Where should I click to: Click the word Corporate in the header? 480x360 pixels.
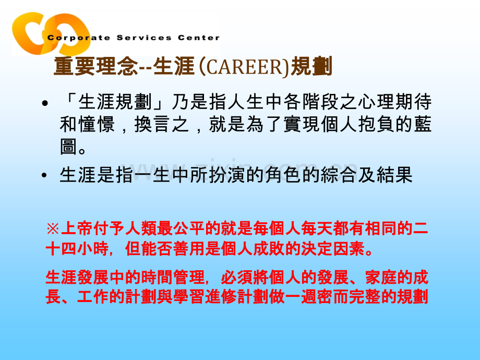(72, 38)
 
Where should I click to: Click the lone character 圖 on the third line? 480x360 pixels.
(69, 147)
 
